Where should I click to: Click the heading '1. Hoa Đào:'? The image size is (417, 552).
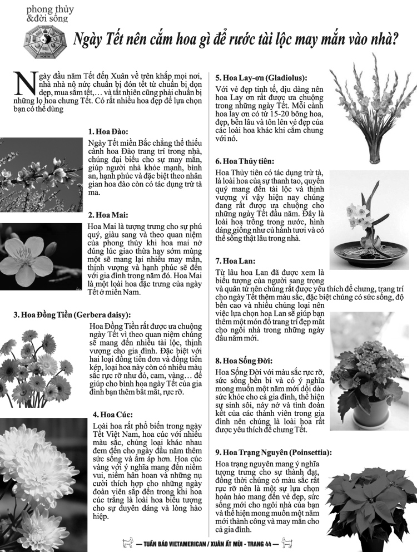pos(108,132)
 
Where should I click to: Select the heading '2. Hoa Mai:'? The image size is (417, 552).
pos(108,215)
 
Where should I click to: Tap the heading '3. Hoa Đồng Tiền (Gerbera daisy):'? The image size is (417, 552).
pos(72,315)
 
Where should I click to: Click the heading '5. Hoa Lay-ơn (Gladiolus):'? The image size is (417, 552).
pos(261,77)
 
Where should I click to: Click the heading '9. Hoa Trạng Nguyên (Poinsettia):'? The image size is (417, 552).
pos(274,452)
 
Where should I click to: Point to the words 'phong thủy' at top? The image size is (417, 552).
pos(49,9)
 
